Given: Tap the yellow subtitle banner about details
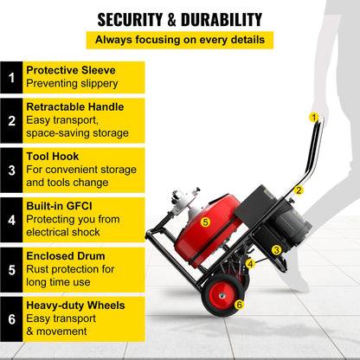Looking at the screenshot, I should click(179, 40).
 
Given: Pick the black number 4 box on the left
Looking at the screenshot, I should click(11, 221).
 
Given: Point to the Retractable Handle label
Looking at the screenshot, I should click(74, 106).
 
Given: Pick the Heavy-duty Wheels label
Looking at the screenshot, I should click(75, 305).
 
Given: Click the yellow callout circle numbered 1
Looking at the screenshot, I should click(313, 116).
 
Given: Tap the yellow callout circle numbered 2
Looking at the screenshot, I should click(299, 190).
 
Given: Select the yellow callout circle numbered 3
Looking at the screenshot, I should click(276, 249).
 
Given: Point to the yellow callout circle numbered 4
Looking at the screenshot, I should click(250, 263).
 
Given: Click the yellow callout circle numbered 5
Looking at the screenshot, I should click(205, 222).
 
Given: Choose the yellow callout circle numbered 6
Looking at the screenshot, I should click(239, 304).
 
